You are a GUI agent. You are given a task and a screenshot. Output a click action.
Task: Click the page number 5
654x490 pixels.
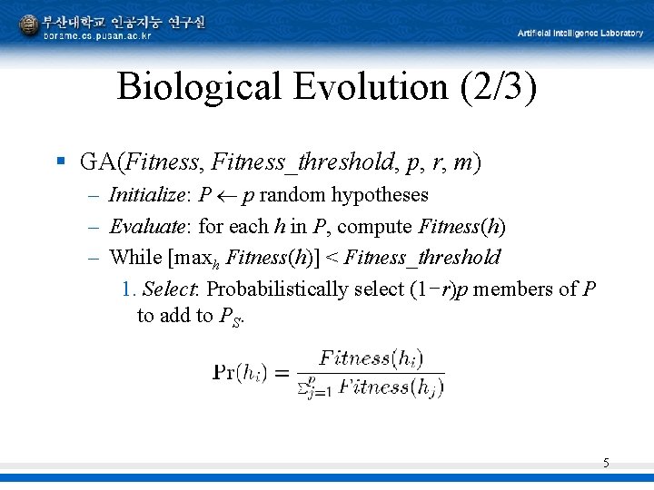tap(606, 464)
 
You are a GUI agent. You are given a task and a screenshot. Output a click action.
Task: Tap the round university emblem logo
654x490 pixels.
tap(29, 24)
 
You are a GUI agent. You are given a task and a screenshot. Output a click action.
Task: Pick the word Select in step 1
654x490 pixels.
tap(173, 289)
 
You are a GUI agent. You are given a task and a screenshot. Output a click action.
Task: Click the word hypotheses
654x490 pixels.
tap(380, 195)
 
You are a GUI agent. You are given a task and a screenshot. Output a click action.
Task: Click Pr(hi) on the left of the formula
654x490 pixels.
tap(240, 372)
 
